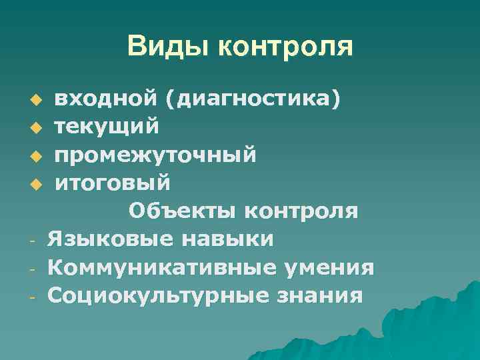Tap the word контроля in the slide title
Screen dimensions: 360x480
[285, 47]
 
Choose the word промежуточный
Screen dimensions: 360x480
[155, 155]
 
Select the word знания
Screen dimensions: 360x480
[323, 294]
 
